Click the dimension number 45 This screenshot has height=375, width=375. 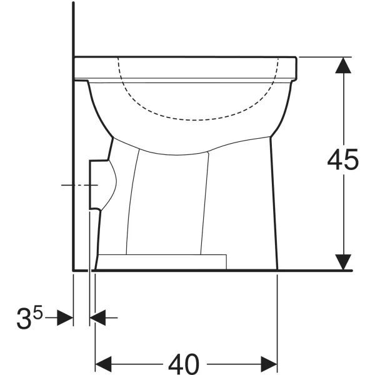point(342,159)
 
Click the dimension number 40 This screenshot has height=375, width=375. point(183,364)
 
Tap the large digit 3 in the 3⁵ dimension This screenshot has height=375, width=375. point(24,318)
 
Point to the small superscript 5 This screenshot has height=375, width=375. point(38,312)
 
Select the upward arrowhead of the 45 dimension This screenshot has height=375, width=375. point(343,65)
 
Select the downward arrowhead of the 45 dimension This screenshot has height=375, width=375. point(343,262)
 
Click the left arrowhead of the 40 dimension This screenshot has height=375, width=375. point(103,364)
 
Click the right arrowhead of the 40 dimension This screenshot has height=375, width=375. point(269,364)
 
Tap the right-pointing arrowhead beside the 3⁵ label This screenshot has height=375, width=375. point(65,318)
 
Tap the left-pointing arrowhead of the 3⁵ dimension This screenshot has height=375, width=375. point(97,318)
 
